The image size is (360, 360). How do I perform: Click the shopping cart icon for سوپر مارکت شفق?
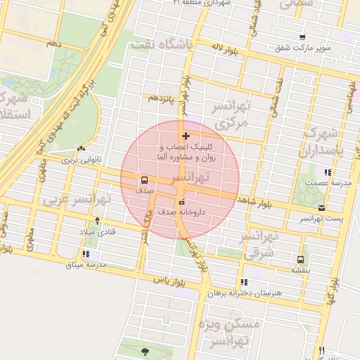(302, 37)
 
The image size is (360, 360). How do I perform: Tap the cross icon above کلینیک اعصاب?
(186, 136)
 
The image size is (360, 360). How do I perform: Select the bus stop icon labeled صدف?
(144, 179)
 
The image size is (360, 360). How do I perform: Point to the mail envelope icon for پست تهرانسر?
(321, 208)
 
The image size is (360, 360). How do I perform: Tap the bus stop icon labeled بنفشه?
(301, 259)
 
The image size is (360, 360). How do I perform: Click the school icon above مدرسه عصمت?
(328, 172)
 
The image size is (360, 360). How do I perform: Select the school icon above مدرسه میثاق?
(86, 254)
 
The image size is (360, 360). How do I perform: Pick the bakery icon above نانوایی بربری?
(82, 149)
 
